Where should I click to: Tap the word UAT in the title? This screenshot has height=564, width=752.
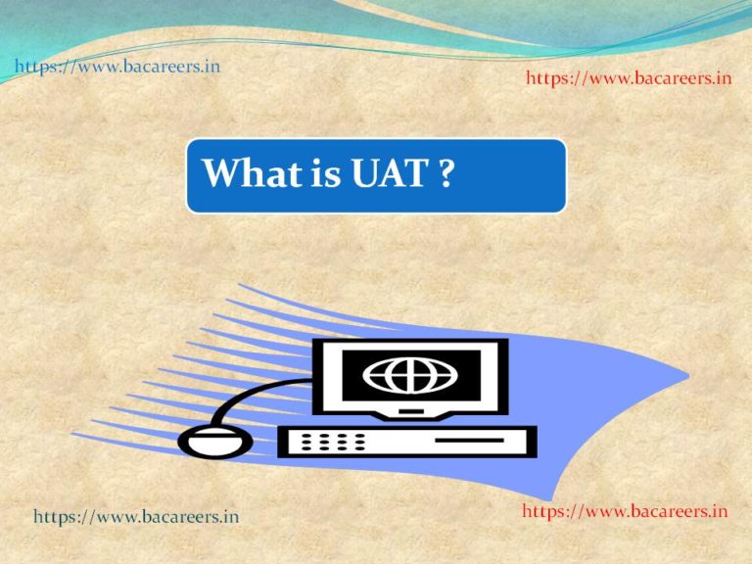click(x=390, y=172)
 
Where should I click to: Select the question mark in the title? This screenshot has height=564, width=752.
click(x=446, y=172)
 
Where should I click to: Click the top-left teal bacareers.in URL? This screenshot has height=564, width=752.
click(x=117, y=67)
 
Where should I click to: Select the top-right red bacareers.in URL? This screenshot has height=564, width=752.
click(x=629, y=78)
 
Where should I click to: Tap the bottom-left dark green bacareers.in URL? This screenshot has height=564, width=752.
click(x=136, y=517)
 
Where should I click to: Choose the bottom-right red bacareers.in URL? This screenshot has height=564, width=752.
click(x=625, y=511)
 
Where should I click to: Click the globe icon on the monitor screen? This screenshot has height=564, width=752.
click(x=410, y=375)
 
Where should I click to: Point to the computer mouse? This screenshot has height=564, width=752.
click(x=214, y=442)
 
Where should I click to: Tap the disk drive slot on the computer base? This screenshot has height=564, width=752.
click(x=470, y=440)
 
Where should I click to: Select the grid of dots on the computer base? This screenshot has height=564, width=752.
click(x=333, y=442)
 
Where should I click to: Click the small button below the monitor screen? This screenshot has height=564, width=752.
click(x=411, y=411)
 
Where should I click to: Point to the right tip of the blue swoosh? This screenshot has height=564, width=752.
click(x=688, y=376)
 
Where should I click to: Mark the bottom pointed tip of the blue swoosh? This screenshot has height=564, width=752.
click(x=550, y=499)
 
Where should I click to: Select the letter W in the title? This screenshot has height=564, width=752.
click(x=220, y=172)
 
